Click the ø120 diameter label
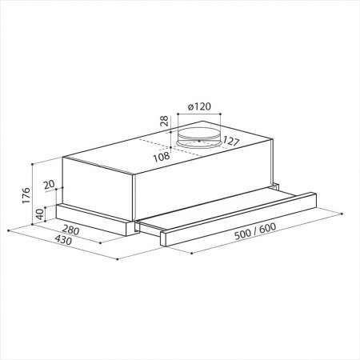[x=199, y=106]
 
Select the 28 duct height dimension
[x=164, y=121]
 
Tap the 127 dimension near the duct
[x=231, y=141]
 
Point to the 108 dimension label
[x=162, y=157]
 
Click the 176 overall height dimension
[x=26, y=195]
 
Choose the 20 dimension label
[x=49, y=184]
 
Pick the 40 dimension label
[x=39, y=214]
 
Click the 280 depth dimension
[x=70, y=230]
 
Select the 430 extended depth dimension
[x=63, y=240]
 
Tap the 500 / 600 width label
[x=255, y=231]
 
